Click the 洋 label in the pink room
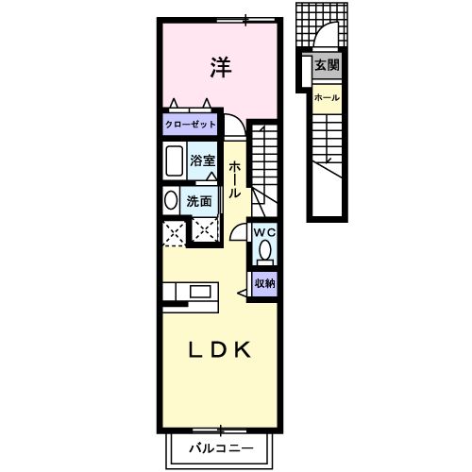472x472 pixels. pyautogui.click(x=220, y=68)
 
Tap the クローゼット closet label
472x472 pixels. pyautogui.click(x=191, y=124)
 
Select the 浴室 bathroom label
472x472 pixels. pyautogui.click(x=203, y=160)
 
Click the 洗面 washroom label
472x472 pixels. pyautogui.click(x=198, y=200)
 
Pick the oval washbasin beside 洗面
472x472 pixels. pyautogui.click(x=170, y=200)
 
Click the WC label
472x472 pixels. pyautogui.click(x=262, y=231)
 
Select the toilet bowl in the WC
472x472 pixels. pyautogui.click(x=264, y=251)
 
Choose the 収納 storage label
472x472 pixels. pyautogui.click(x=263, y=280)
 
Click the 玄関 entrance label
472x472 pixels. pyautogui.click(x=327, y=66)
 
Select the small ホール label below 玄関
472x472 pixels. pyautogui.click(x=326, y=98)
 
